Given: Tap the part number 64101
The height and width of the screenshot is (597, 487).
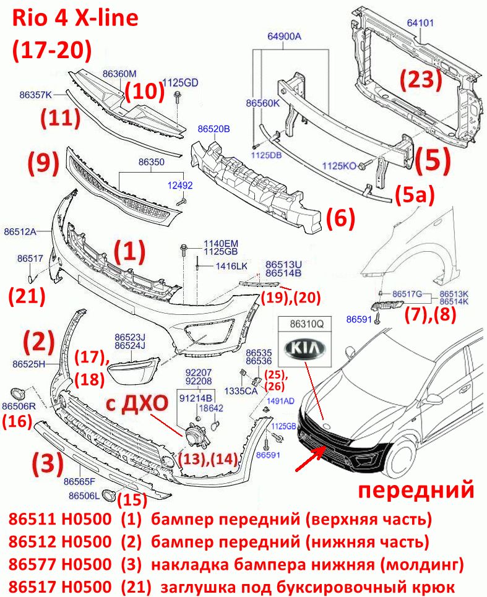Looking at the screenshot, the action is [x=420, y=23].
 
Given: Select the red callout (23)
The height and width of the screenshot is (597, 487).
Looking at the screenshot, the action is [x=421, y=80].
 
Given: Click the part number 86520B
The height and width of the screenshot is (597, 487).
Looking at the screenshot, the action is [x=213, y=129].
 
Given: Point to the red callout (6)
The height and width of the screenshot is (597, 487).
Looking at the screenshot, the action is [x=340, y=218].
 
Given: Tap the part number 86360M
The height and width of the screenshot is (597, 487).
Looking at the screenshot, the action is [x=119, y=74].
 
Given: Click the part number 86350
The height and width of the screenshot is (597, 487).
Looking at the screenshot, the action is [x=152, y=162].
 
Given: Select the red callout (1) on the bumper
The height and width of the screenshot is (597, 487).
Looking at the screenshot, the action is [x=130, y=252].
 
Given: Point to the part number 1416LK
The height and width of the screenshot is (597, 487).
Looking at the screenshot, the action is [x=231, y=266].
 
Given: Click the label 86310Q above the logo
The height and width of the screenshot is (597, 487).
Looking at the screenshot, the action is [x=307, y=324].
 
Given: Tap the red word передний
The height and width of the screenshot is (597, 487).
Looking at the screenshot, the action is [x=416, y=490].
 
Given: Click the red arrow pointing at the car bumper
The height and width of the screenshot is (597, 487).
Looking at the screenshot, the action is [x=310, y=459].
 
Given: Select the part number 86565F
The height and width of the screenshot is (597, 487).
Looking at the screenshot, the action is [x=79, y=481].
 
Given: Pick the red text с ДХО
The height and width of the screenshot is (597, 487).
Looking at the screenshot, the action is [x=137, y=403].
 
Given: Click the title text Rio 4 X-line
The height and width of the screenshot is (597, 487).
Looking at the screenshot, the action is [x=75, y=18].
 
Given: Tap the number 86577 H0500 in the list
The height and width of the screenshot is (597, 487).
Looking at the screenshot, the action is [x=60, y=564].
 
